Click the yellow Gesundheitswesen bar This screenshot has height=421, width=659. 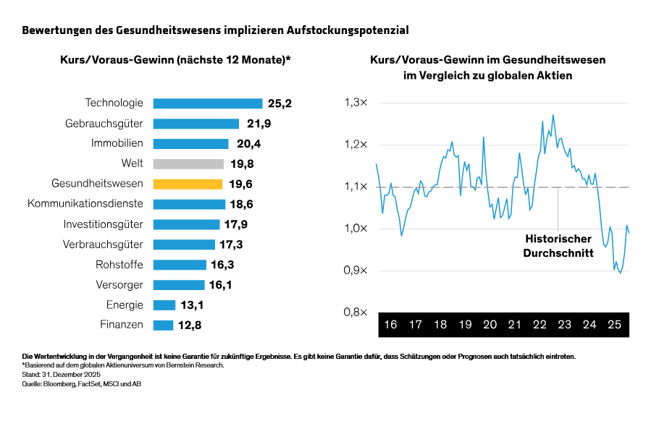pos(188,184)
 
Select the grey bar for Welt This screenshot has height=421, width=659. pos(189,163)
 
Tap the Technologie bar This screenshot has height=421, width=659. pos(208,103)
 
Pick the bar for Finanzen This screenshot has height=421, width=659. pos(164,325)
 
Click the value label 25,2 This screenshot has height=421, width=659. pos(280,103)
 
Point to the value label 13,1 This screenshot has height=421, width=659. pos(192,305)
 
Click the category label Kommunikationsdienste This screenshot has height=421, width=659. pos(85,204)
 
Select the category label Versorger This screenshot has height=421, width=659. pos(119,284)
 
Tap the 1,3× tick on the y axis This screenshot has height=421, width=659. pos(356,103)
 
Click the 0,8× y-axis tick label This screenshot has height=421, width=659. pos(356,312)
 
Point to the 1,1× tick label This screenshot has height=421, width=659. pos(356,187)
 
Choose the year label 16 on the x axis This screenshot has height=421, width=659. pos(390,325)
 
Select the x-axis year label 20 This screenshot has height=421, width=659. pos(490,325)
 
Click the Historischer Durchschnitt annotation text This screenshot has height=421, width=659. pos(558,246)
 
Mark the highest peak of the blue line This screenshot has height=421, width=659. pos(553,114)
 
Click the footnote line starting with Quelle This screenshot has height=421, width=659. pos(81,384)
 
